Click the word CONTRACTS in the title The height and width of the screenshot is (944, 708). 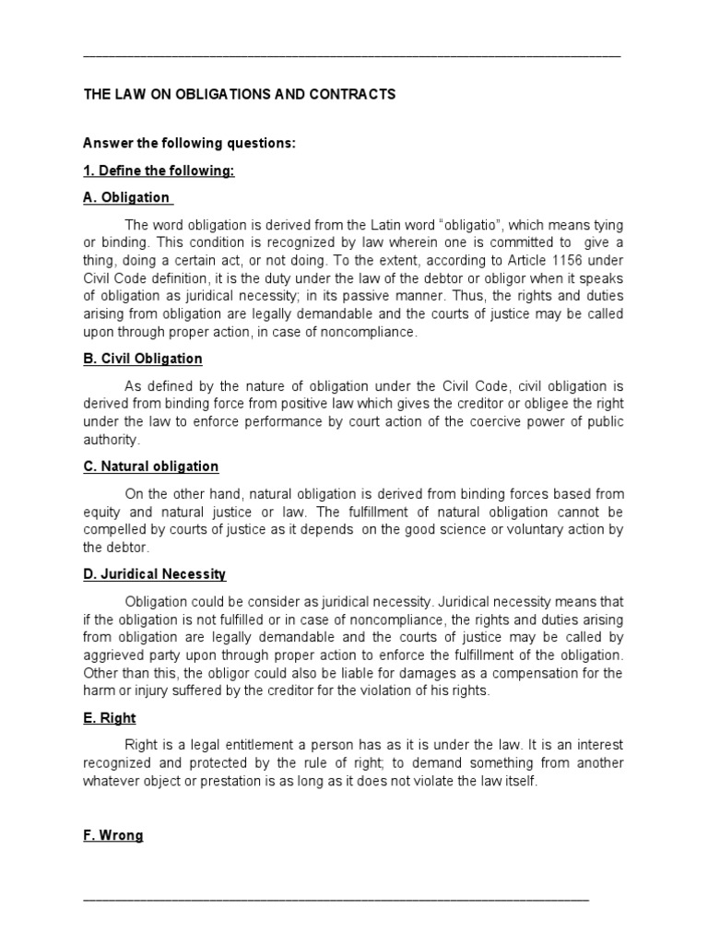(349, 95)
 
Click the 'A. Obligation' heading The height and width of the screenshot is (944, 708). (126, 197)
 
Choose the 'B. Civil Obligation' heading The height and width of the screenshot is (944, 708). (143, 359)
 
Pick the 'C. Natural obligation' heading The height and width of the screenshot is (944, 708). (151, 466)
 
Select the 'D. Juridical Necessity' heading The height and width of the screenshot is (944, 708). (154, 574)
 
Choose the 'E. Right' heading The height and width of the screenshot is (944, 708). (109, 718)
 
